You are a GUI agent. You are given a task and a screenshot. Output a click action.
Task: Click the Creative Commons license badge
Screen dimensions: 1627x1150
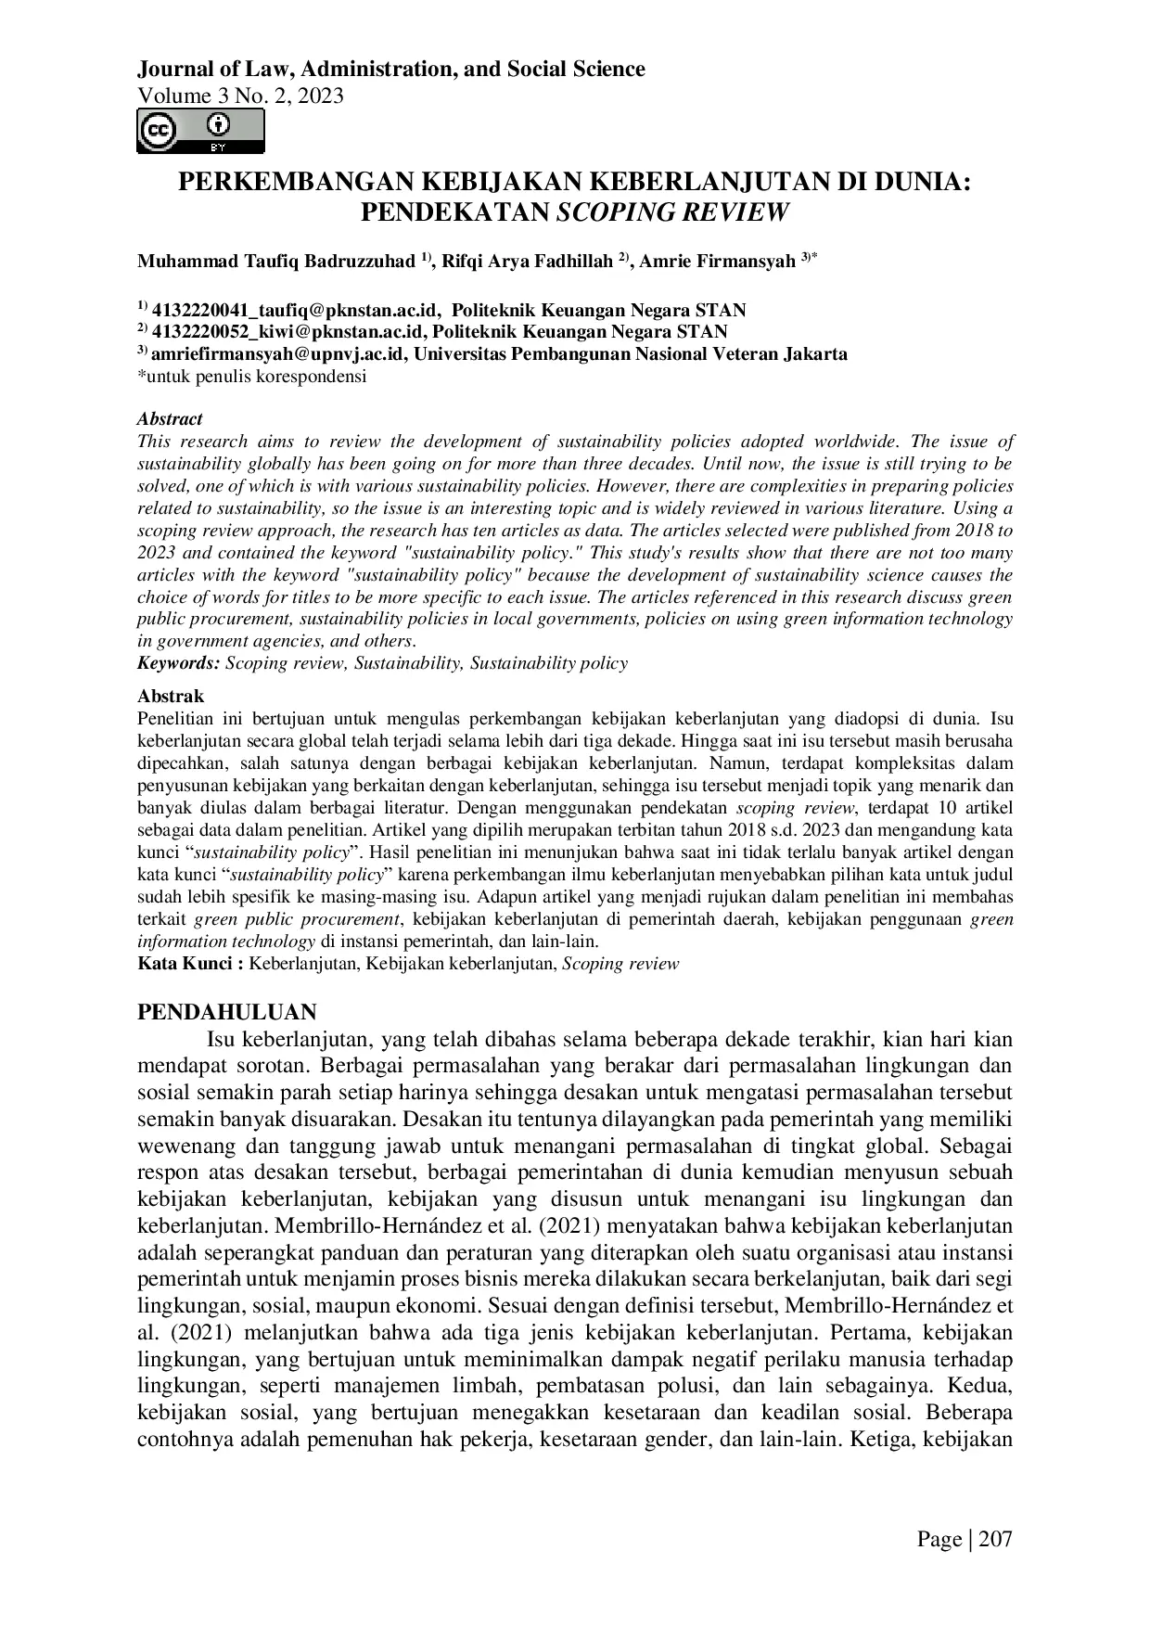200,131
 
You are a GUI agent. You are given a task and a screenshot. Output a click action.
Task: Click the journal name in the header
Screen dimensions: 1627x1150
390,69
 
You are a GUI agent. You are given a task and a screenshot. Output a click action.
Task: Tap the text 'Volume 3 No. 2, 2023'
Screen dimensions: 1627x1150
240,96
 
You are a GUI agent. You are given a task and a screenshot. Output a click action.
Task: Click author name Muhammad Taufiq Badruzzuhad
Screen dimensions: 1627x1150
275,262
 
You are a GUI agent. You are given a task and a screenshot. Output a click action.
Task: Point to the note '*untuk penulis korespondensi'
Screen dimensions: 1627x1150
251,376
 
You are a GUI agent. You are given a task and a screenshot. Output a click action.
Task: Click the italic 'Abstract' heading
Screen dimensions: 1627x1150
170,419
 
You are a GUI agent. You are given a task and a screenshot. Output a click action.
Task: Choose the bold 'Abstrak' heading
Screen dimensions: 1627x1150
171,696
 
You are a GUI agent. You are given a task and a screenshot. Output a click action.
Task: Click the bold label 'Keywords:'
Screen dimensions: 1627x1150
179,663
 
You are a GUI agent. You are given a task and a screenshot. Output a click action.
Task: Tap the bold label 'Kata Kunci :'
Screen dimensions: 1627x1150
190,964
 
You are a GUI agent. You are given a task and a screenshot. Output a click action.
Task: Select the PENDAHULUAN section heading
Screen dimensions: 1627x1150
227,1012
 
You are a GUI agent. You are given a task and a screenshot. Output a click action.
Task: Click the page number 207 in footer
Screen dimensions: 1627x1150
994,1540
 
